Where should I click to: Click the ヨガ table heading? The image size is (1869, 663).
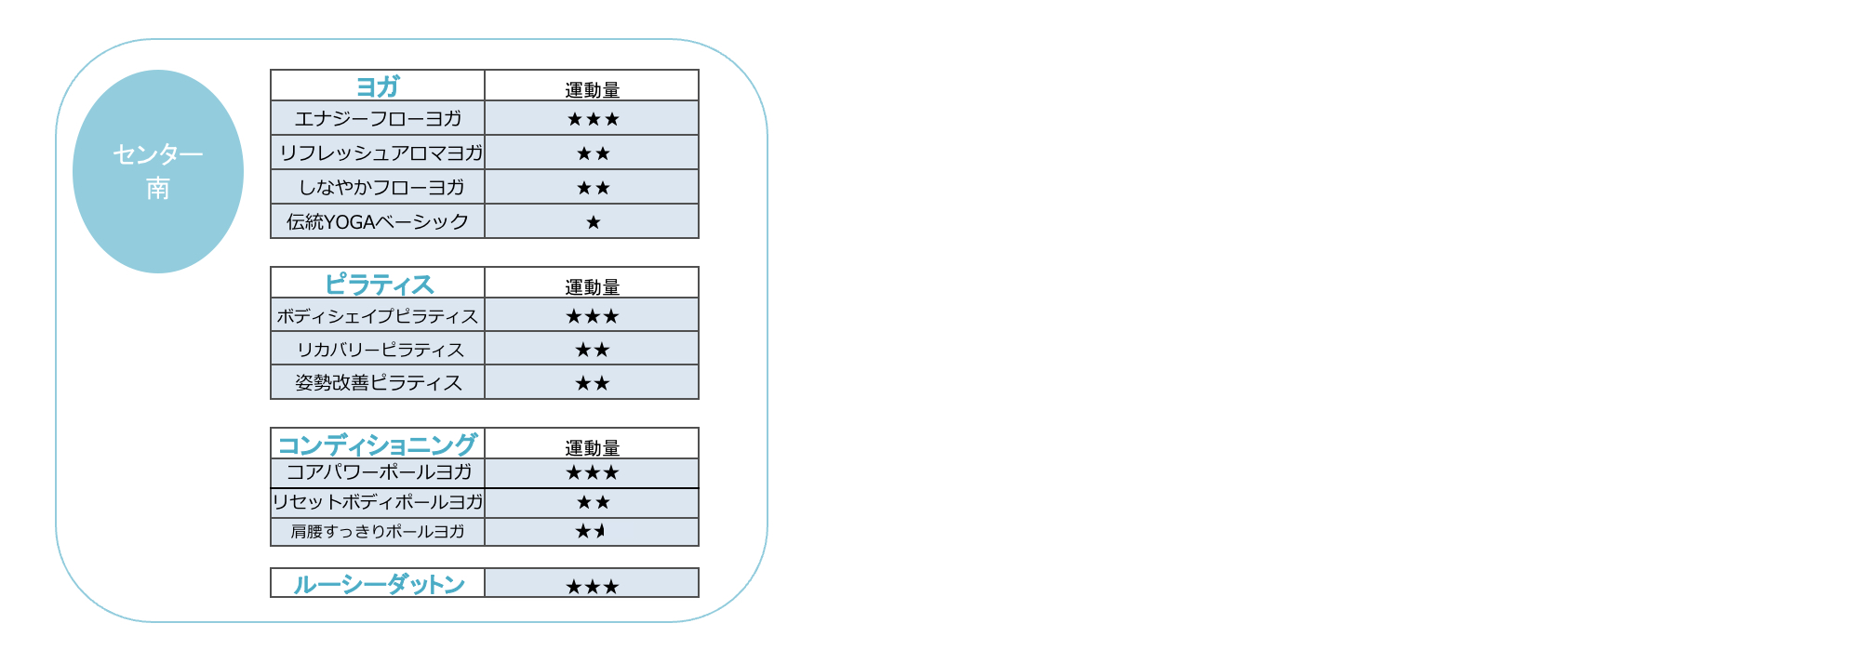pyautogui.click(x=378, y=86)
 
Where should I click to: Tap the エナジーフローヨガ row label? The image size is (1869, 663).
pyautogui.click(x=378, y=118)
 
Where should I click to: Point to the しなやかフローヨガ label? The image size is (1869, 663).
pyautogui.click(x=380, y=187)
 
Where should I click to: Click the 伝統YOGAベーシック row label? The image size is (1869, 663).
pyautogui.click(x=378, y=221)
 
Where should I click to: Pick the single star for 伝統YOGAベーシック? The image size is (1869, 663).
pyautogui.click(x=593, y=222)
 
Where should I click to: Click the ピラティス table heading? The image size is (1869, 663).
pyautogui.click(x=379, y=284)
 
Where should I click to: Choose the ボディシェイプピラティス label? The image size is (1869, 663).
pyautogui.click(x=378, y=316)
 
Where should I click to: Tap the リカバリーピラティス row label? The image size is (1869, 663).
pyautogui.click(x=380, y=350)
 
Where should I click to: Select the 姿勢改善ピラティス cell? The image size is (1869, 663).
pyautogui.click(x=379, y=382)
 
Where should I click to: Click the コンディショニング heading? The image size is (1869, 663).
pyautogui.click(x=378, y=444)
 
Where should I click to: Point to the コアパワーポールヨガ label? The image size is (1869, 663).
pyautogui.click(x=379, y=472)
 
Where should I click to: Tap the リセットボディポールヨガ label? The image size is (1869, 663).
pyautogui.click(x=378, y=502)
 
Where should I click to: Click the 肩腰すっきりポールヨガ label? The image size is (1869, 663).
pyautogui.click(x=378, y=531)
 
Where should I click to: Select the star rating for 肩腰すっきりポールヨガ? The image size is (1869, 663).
pyautogui.click(x=591, y=531)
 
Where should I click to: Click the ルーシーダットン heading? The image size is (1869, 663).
pyautogui.click(x=379, y=584)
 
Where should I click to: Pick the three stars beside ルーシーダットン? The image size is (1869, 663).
pyautogui.click(x=593, y=587)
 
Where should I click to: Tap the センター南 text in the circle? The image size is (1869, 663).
pyautogui.click(x=158, y=171)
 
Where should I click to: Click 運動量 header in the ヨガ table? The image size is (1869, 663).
pyautogui.click(x=593, y=89)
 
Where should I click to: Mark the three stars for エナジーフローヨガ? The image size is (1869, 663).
pyautogui.click(x=593, y=119)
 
